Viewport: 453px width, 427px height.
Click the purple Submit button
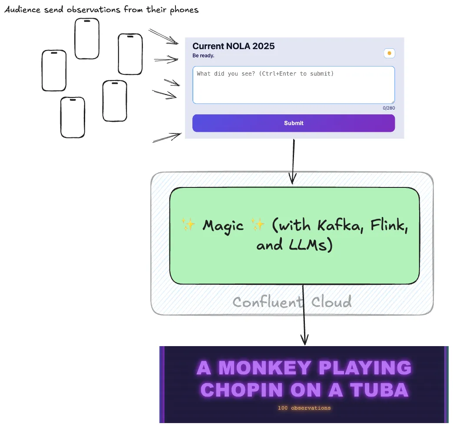coord(294,123)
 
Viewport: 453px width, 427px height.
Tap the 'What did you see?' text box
coord(294,85)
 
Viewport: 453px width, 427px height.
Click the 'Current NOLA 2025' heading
coord(233,46)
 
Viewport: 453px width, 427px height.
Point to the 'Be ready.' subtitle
coord(203,56)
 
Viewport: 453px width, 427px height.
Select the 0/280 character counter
coord(389,108)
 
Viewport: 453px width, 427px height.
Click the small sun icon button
coord(389,53)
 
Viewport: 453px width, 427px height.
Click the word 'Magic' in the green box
coord(223,226)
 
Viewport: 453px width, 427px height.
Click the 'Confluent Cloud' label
coord(292,302)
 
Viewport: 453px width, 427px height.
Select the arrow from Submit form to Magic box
coord(293,161)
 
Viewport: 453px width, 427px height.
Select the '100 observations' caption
coord(304,408)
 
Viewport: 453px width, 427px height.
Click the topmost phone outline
coord(87,38)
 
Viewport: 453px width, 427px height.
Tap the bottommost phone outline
coord(73,117)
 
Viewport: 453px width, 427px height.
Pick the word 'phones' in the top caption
coord(183,10)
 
